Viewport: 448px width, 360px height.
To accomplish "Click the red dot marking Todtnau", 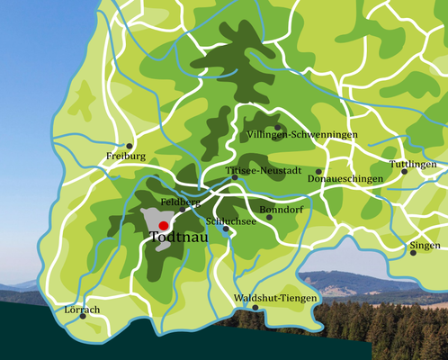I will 163,226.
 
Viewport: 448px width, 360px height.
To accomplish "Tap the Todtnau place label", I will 175,239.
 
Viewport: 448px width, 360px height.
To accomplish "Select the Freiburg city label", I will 125,157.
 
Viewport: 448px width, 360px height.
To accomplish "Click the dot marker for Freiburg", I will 130,145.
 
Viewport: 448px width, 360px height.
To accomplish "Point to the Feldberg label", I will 180,203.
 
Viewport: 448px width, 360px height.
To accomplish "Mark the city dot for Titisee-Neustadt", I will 235,177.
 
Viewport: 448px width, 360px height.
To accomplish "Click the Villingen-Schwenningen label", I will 300,135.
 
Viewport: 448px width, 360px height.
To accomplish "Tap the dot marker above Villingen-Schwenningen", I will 278,127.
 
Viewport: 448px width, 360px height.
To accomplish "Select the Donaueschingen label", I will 345,179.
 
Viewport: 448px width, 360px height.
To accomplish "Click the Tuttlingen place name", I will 413,165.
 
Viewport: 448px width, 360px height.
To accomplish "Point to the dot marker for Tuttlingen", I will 404,172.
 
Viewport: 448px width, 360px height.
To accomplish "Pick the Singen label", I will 425,245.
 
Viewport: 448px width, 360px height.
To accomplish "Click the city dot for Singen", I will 413,253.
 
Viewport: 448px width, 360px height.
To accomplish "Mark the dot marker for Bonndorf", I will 268,217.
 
